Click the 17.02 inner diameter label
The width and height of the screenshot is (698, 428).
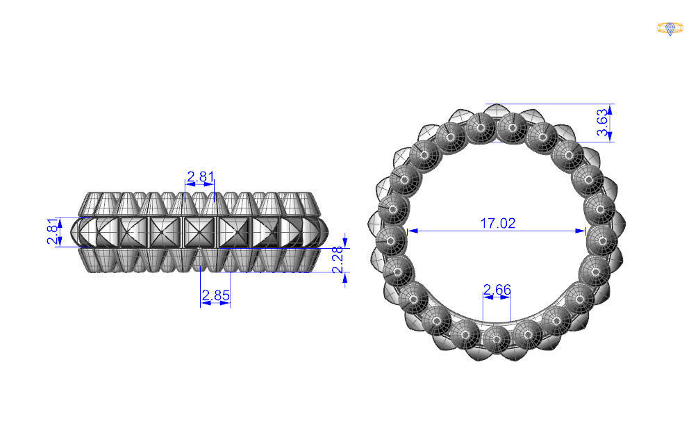[x=498, y=223]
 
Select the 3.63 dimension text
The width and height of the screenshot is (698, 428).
[x=603, y=124]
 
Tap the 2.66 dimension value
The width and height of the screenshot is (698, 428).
[x=497, y=289]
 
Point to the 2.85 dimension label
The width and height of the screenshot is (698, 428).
[x=215, y=296]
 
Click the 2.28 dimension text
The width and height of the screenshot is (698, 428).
[x=338, y=259]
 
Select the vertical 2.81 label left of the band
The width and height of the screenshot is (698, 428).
[x=52, y=232]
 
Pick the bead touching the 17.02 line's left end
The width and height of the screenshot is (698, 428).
[x=394, y=237]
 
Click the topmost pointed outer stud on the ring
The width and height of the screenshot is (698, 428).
[x=497, y=111]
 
